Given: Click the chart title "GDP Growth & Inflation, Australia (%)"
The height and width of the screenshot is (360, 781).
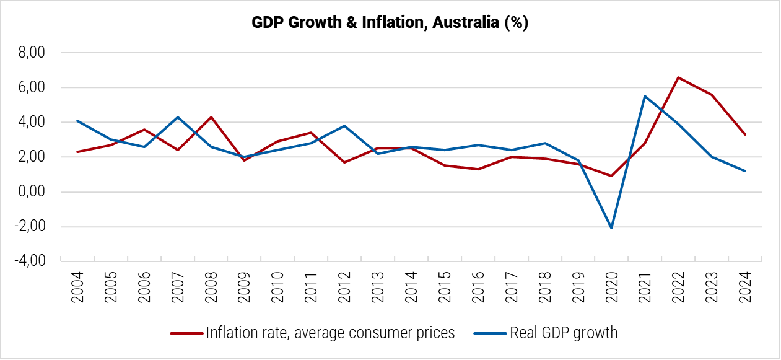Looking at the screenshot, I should coord(390,23).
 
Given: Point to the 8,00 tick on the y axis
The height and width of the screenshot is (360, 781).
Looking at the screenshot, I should coord(32,53).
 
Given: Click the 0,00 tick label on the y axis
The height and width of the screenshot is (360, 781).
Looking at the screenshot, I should coord(32,192).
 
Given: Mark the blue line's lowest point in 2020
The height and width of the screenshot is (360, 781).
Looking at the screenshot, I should coord(611,228).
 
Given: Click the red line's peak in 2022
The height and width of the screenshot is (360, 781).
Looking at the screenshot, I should coord(678,77).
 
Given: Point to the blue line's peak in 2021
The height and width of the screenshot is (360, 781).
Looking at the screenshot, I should coord(645,96).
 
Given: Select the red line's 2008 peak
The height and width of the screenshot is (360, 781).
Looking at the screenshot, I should coord(211,117).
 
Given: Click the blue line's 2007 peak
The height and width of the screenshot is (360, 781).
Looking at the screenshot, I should coord(178,117).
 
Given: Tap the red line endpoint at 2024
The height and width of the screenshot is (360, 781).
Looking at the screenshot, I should coord(745,134).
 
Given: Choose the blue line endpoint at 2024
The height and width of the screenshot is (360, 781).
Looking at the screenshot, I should coord(745,171).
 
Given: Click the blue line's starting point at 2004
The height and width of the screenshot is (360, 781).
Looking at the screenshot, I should coord(77,121).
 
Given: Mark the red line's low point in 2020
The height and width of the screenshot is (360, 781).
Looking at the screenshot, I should coord(611,176).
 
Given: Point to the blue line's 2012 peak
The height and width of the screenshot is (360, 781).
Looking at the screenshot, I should coord(344,126).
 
